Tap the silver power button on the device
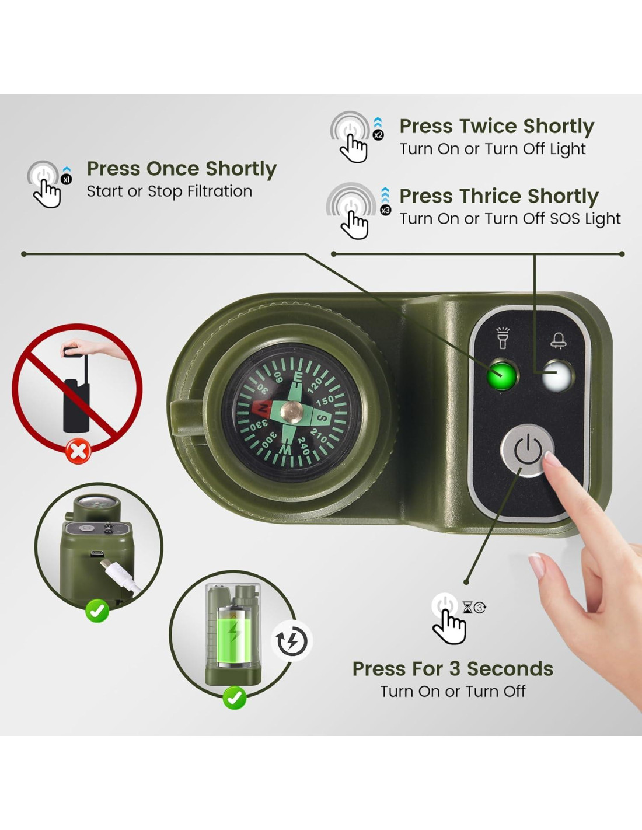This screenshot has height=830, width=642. (x=527, y=450)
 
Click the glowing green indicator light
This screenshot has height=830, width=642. (x=501, y=375)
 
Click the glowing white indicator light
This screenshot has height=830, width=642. (x=557, y=376)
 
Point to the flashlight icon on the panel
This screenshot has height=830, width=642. (x=503, y=337)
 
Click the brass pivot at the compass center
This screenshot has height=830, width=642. (x=292, y=411)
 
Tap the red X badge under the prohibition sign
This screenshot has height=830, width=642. (x=78, y=451)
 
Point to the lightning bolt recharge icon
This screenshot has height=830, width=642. (x=292, y=641)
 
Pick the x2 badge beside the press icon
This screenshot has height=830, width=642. (x=378, y=135)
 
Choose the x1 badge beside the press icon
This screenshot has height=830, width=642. (x=67, y=179)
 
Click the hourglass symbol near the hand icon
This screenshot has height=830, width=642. (x=467, y=607)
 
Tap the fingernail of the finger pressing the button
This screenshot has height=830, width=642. (x=552, y=459)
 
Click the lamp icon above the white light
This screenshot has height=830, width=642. (x=558, y=340)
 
